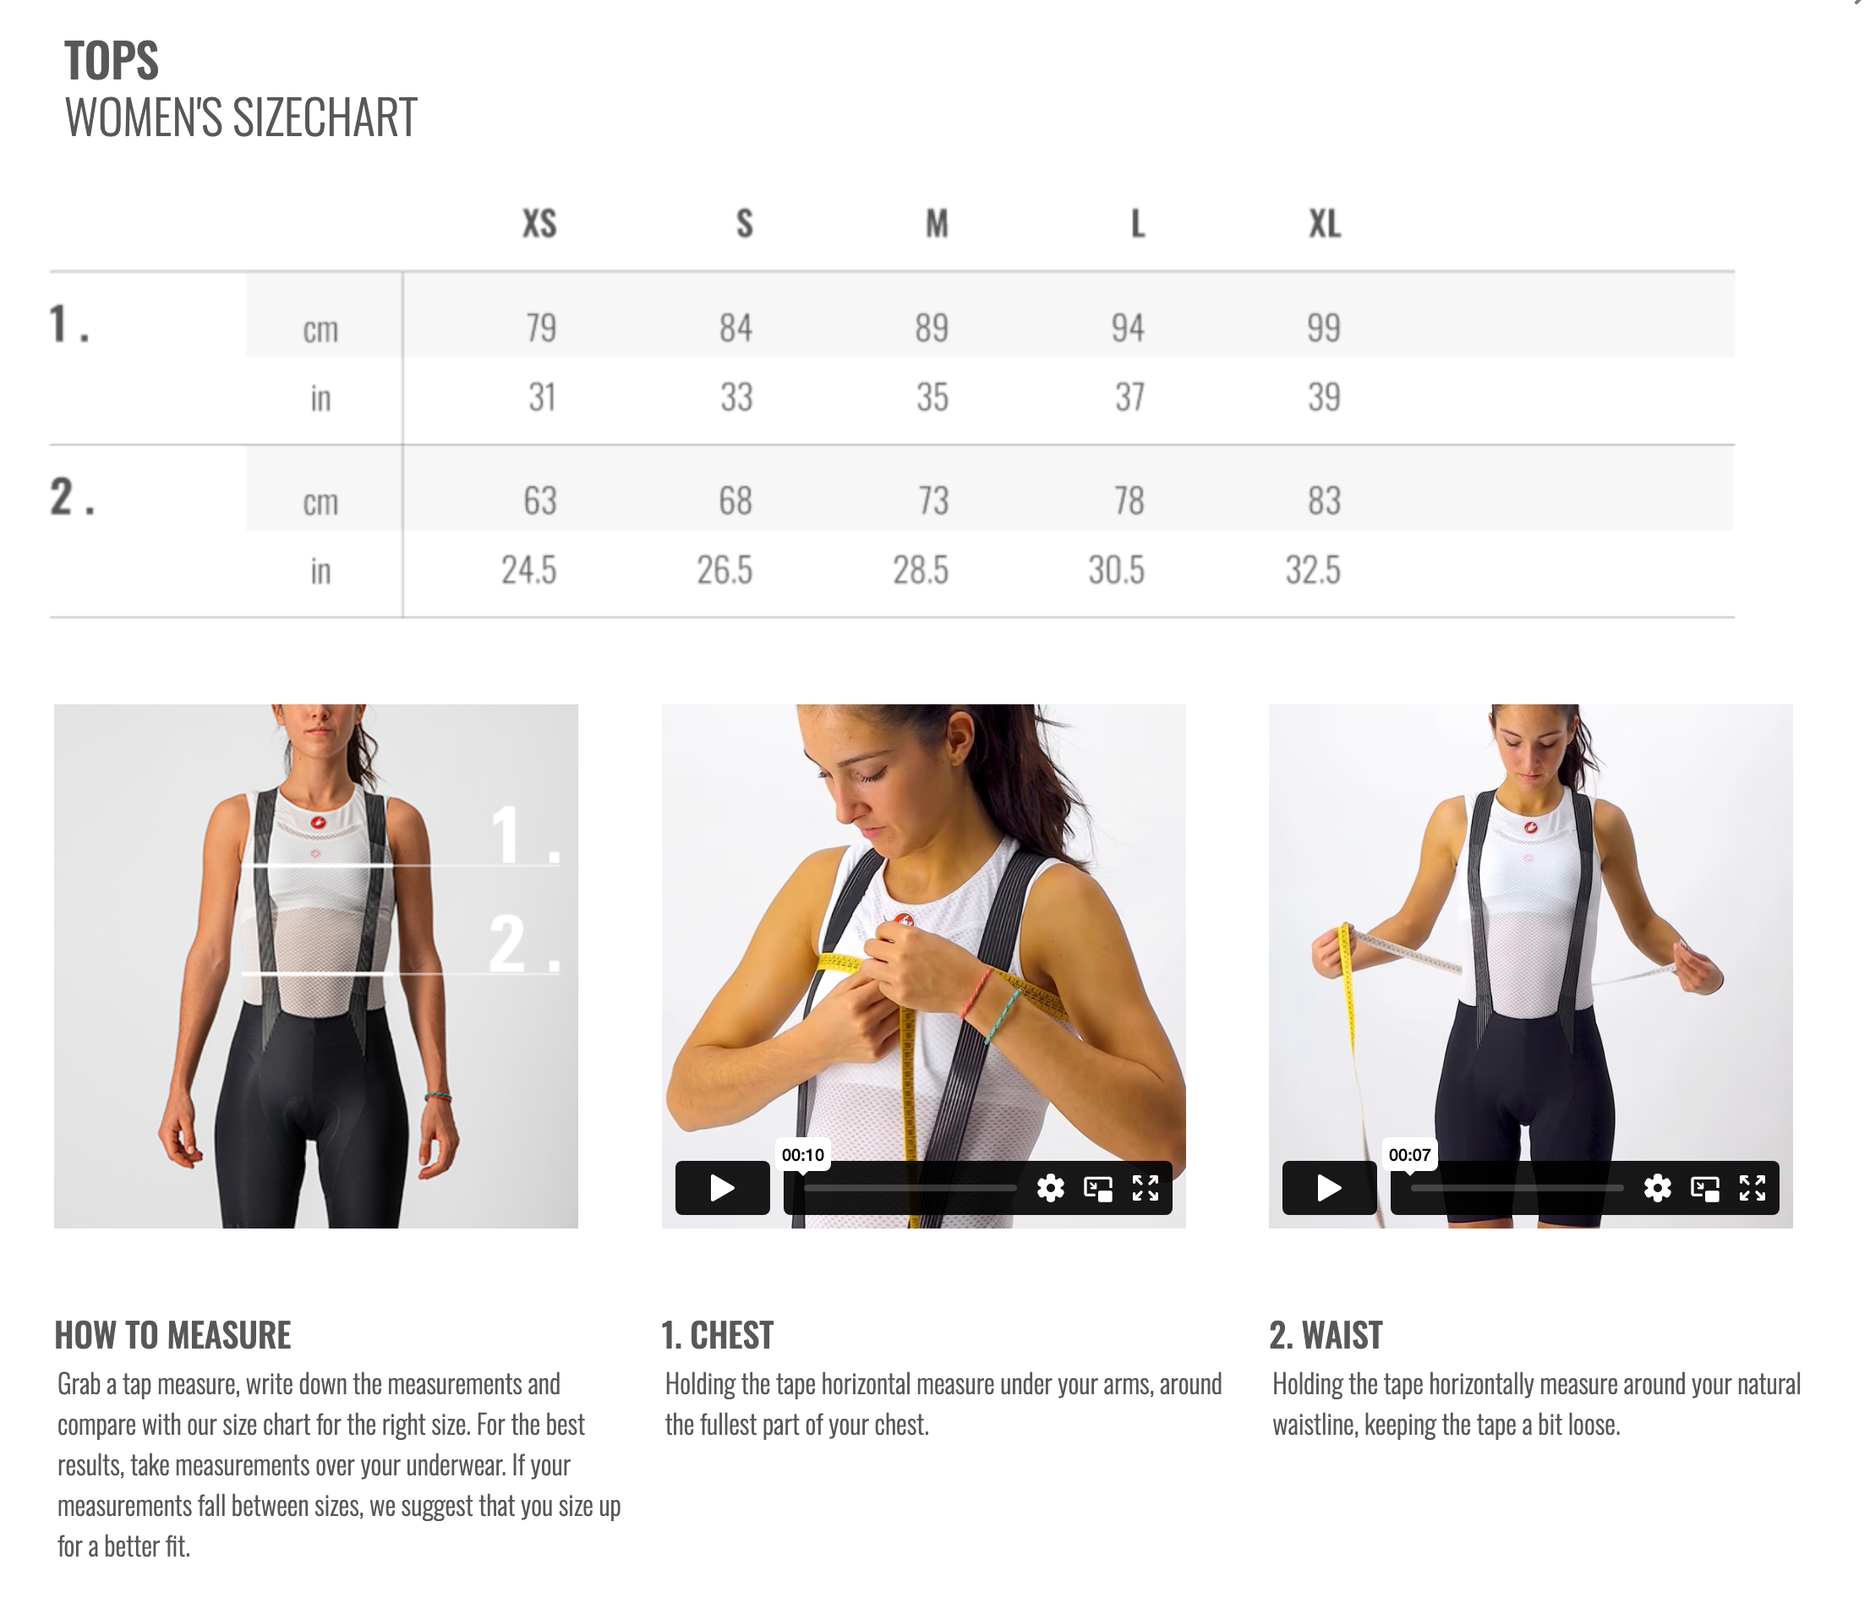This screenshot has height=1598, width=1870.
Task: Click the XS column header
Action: [539, 223]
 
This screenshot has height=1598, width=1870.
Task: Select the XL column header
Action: [1325, 223]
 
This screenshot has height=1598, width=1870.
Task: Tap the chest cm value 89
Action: [932, 328]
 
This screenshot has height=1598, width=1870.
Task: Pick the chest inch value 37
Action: [1129, 397]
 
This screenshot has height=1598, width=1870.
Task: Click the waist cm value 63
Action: [539, 501]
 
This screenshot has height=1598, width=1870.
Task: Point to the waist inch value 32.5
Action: [1313, 571]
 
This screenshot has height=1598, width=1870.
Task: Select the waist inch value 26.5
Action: [724, 571]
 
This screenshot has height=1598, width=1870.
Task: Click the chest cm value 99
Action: [1324, 328]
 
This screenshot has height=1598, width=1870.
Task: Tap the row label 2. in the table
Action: [71, 496]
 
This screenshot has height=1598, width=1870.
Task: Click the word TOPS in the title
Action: [111, 62]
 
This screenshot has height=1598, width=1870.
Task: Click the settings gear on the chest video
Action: [1050, 1187]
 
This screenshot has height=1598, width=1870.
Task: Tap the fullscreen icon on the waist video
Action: [1752, 1187]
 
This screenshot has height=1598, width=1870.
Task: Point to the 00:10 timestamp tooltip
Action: [802, 1155]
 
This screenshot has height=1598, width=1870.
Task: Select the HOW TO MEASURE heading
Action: [172, 1335]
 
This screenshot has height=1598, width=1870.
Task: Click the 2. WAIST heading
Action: [1325, 1335]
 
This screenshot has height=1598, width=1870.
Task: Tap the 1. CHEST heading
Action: [717, 1335]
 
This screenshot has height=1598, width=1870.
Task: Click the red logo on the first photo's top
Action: [318, 823]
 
